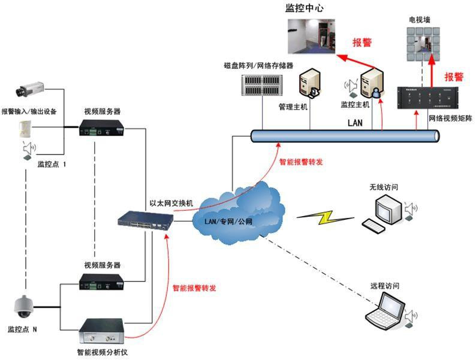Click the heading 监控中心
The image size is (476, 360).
click(311, 9)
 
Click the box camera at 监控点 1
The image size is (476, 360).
click(29, 89)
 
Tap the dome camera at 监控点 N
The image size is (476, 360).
click(24, 307)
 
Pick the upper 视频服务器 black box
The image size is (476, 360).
click(103, 128)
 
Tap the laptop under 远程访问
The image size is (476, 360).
click(385, 310)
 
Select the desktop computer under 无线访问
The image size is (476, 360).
click(384, 212)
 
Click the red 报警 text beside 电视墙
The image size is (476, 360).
click(454, 77)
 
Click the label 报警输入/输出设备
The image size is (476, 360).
click(29, 111)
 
